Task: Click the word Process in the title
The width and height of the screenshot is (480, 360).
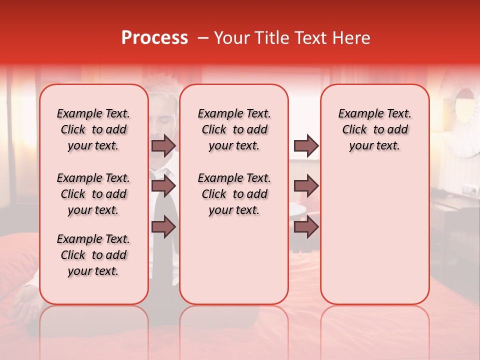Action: pyautogui.click(x=154, y=38)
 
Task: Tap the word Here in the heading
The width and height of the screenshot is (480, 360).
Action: pyautogui.click(x=350, y=38)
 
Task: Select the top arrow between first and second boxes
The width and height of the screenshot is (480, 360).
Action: pyautogui.click(x=163, y=145)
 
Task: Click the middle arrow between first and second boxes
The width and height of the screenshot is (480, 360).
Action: pyautogui.click(x=163, y=186)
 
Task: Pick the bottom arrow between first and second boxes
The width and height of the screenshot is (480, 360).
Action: pyautogui.click(x=163, y=227)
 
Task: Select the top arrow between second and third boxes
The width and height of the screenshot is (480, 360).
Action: pyautogui.click(x=306, y=145)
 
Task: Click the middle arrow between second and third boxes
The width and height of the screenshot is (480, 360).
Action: pyautogui.click(x=306, y=186)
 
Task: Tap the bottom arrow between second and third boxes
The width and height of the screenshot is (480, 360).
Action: pyautogui.click(x=306, y=227)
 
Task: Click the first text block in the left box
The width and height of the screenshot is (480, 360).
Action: pyautogui.click(x=93, y=129)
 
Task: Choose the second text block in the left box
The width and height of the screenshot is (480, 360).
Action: pyautogui.click(x=93, y=194)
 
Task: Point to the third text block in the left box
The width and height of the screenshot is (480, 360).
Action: pyautogui.click(x=93, y=255)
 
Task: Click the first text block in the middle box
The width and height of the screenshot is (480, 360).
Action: pyautogui.click(x=234, y=129)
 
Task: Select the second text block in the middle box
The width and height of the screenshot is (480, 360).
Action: pyautogui.click(x=234, y=194)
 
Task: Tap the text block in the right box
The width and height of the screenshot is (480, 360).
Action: pyautogui.click(x=374, y=129)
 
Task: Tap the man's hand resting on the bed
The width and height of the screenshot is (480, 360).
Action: pyautogui.click(x=24, y=302)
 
